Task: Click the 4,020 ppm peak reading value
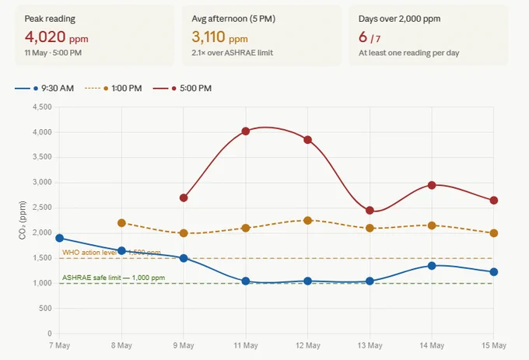click(56, 37)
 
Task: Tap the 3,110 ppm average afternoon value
click(219, 37)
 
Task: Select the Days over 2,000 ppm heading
click(399, 19)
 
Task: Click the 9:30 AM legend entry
click(44, 89)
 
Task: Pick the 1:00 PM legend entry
click(113, 89)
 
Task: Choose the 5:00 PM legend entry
click(182, 89)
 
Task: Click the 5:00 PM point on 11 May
click(246, 131)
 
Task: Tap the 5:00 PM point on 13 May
click(370, 211)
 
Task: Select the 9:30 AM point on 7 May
click(60, 238)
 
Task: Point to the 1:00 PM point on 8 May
click(122, 223)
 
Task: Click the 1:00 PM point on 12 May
click(308, 221)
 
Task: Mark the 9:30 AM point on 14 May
click(432, 266)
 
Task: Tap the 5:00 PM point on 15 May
click(493, 201)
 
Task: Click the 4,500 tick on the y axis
click(42, 107)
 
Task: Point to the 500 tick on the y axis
click(45, 308)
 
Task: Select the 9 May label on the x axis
click(184, 345)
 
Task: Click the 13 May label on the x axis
click(370, 345)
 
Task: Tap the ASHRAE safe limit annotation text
click(114, 278)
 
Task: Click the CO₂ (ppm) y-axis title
click(23, 220)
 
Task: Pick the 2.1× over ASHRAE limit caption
click(233, 53)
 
